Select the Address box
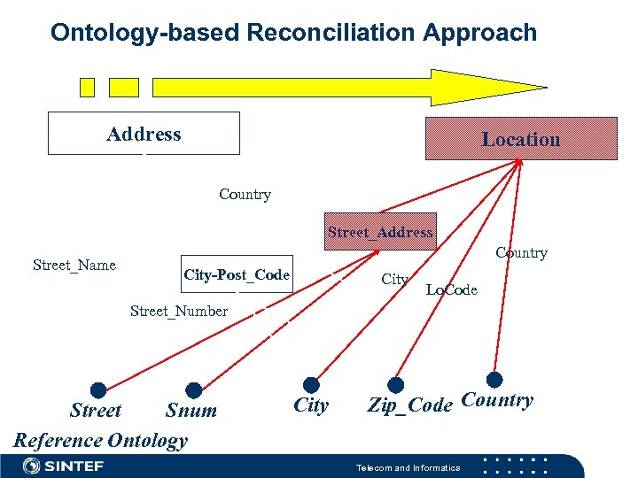[x=144, y=134]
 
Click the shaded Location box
[x=521, y=139]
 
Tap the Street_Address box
[x=380, y=232]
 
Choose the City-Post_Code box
[x=237, y=274]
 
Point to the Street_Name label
[x=74, y=265]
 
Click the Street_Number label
[x=179, y=311]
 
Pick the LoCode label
[x=451, y=290]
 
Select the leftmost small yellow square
[x=87, y=87]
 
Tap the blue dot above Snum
[x=194, y=390]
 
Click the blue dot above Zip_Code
[x=396, y=385]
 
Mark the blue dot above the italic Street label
[x=98, y=390]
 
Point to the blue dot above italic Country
[x=494, y=379]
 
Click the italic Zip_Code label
[x=410, y=405]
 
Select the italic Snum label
[x=191, y=411]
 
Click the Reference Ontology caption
[x=101, y=440]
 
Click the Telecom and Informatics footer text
[x=408, y=467]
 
